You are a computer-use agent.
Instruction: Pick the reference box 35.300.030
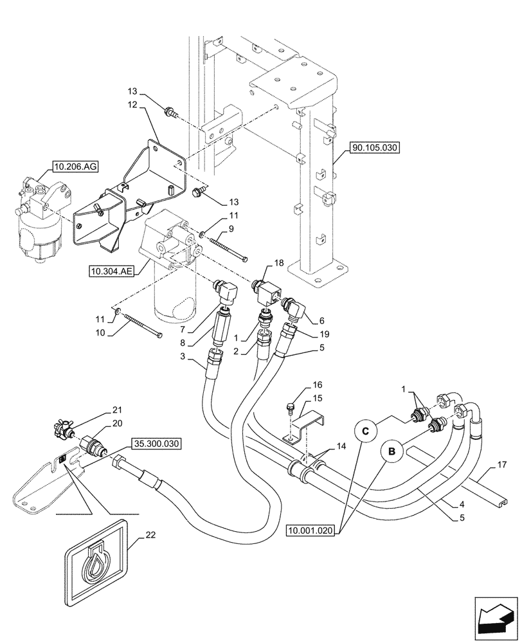pos(157,444)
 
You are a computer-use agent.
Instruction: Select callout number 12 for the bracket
pos(132,104)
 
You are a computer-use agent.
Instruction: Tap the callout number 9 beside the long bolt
pos(231,228)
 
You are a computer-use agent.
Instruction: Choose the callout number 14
pos(339,445)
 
